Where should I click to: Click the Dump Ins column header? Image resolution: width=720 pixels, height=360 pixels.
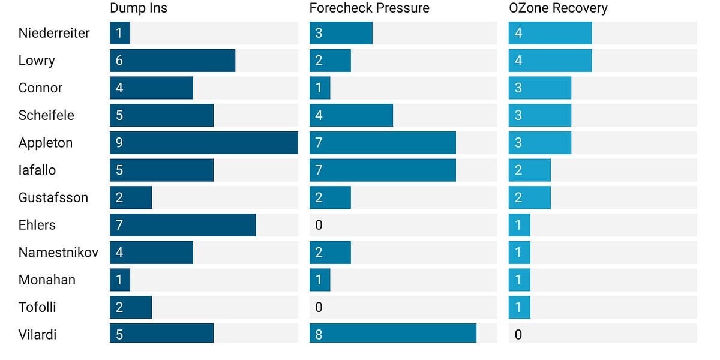point(139,8)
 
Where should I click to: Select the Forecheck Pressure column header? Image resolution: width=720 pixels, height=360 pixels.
point(370,8)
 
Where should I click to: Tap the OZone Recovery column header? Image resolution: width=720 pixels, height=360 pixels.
point(559,8)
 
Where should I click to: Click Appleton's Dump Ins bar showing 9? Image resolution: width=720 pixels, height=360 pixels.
point(204,143)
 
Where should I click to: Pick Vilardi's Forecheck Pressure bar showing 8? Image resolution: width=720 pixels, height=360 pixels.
point(393,334)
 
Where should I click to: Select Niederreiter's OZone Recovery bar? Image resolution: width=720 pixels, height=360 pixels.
point(550,33)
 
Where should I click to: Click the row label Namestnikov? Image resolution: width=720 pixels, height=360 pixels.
point(59,253)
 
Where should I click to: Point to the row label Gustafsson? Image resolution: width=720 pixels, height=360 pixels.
point(53,197)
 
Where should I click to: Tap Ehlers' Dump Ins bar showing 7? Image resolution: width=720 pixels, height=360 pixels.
point(183,225)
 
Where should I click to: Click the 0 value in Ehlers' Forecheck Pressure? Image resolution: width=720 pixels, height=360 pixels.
point(319,226)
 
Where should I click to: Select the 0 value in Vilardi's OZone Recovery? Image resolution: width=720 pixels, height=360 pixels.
point(518,335)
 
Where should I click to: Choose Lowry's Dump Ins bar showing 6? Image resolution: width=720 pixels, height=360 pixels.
point(173,61)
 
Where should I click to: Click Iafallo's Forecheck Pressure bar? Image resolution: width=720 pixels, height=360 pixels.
point(383,170)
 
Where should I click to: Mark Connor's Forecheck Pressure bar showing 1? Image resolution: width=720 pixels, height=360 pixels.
point(320,88)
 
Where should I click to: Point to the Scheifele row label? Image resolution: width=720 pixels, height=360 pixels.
point(46,115)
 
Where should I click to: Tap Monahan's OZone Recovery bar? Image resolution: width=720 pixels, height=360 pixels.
point(520,280)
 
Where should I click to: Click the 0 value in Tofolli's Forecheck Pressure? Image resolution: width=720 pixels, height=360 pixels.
point(319,308)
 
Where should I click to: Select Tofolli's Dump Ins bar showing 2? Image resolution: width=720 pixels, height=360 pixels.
point(131,307)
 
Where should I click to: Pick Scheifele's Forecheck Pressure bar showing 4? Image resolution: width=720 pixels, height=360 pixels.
point(351,115)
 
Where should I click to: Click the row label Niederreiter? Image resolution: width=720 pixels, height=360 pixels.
point(54,33)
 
